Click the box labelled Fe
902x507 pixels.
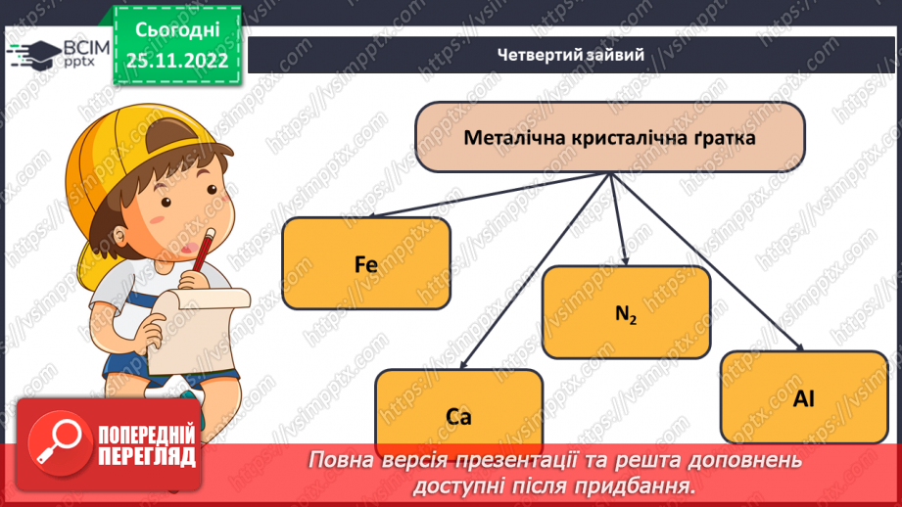point(366,262)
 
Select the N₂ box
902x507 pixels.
point(626,312)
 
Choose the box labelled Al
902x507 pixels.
point(804,398)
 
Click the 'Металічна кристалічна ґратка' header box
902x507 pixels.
point(609,138)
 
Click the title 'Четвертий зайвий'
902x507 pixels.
point(569,55)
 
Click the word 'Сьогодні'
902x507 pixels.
point(177,29)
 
